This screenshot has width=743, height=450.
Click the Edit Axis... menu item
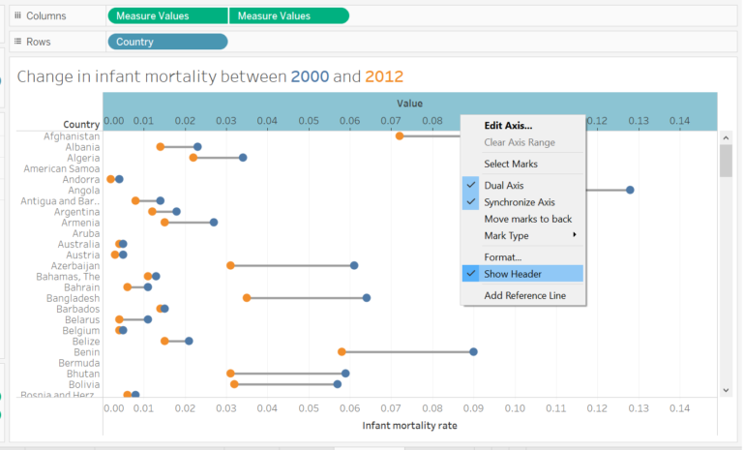click(508, 125)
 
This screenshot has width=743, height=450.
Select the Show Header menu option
click(513, 273)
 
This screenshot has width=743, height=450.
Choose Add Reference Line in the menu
click(524, 295)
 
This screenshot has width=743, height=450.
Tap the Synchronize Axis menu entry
click(520, 201)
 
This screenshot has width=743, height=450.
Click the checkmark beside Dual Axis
click(471, 185)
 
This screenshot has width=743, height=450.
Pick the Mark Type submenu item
click(506, 235)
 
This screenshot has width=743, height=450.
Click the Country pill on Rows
click(166, 42)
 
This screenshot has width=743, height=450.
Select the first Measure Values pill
click(167, 15)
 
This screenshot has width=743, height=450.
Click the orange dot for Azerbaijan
click(230, 265)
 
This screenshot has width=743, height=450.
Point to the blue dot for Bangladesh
click(367, 297)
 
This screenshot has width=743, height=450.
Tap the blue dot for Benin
click(473, 351)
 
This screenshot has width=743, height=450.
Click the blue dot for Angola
click(630, 190)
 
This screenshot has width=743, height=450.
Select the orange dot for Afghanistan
click(399, 135)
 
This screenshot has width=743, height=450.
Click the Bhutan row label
click(82, 374)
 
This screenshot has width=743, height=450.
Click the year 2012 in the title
click(384, 76)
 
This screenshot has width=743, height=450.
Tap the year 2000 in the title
click(310, 76)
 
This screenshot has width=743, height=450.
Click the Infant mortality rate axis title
click(409, 425)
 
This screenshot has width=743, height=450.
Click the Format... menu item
click(503, 256)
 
